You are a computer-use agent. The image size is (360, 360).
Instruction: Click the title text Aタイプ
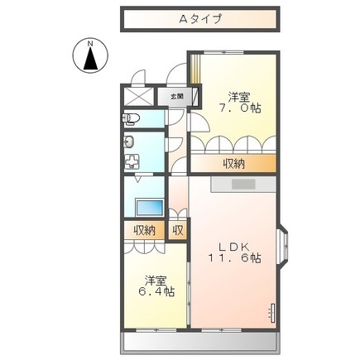tap(200, 19)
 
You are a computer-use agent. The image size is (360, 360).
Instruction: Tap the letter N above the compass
tap(90, 43)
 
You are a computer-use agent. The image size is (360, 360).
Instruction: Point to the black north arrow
tap(90, 58)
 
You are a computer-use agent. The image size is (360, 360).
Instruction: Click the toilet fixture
tap(130, 119)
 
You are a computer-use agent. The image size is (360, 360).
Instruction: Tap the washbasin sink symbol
tap(129, 142)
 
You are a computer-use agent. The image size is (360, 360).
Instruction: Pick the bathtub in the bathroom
tap(149, 208)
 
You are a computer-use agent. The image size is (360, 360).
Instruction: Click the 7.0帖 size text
tap(240, 108)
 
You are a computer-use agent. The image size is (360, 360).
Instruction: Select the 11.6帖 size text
tap(234, 258)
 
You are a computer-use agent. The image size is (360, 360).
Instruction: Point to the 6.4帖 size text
tap(156, 291)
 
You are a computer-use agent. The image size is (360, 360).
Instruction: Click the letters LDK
tap(234, 247)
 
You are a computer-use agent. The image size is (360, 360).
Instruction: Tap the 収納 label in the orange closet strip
tap(234, 164)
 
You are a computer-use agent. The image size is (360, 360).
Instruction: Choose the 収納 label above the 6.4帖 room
tap(145, 230)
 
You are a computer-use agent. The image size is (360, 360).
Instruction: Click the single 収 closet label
tap(178, 230)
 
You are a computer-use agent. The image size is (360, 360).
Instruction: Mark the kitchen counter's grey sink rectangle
tap(243, 185)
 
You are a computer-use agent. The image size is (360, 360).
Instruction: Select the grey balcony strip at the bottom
tap(199, 343)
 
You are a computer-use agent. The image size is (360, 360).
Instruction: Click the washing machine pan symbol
tap(132, 161)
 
